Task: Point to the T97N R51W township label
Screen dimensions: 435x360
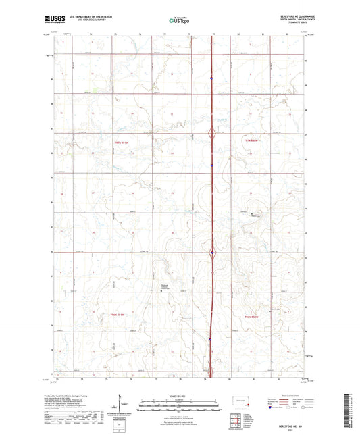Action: (120, 143)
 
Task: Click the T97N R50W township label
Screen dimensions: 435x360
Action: (252, 140)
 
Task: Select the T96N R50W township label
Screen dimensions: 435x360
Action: (252, 317)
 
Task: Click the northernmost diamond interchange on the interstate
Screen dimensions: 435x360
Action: (213, 134)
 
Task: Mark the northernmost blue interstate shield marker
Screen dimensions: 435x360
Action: (212, 78)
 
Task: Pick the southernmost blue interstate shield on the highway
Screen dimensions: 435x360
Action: (210, 339)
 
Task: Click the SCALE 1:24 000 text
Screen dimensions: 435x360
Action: (180, 394)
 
